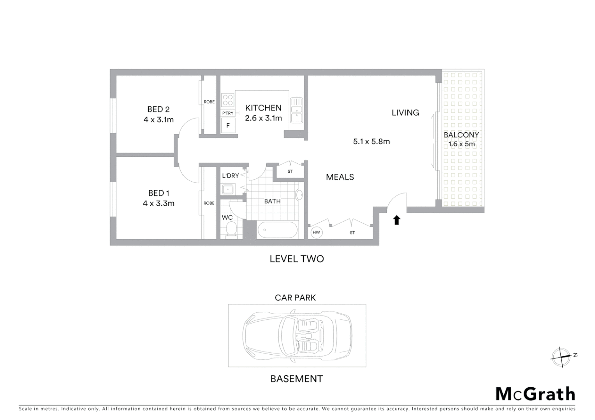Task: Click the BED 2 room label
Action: point(158,109)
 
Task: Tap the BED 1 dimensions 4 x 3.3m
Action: point(158,203)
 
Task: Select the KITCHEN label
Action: point(263,108)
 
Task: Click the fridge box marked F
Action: point(228,126)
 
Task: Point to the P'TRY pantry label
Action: point(227,113)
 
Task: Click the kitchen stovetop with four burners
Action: point(228,100)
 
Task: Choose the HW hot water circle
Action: point(316,233)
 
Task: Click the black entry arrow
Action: point(396,220)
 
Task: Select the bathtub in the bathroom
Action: point(277,230)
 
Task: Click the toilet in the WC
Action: point(231,229)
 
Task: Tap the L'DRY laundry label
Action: point(230,176)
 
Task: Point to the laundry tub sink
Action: point(227,190)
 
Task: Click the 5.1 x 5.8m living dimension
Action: point(371,142)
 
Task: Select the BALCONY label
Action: point(461,135)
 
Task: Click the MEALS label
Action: point(340,177)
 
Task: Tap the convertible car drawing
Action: point(297,335)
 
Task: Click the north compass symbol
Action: point(562,357)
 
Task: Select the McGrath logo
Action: point(535,394)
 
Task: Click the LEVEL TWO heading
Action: point(297,259)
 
